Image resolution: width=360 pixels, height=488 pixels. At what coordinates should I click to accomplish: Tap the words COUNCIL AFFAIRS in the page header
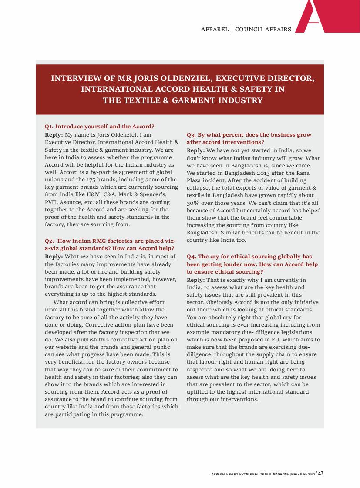pos(263,30)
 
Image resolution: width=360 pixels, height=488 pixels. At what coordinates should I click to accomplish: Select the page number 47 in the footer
pos(320,474)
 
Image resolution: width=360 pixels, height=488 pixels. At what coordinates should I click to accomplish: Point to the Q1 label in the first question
pos(49,127)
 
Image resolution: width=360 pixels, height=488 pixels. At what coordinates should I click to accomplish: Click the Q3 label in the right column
pos(191,135)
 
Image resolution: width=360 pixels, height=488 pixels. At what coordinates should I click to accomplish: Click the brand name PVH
pos(51,201)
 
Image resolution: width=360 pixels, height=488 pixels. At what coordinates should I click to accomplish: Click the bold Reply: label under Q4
pos(195,280)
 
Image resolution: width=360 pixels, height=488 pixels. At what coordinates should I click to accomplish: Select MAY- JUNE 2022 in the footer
pos(302,474)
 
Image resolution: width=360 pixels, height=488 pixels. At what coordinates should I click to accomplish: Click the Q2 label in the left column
pos(49,241)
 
